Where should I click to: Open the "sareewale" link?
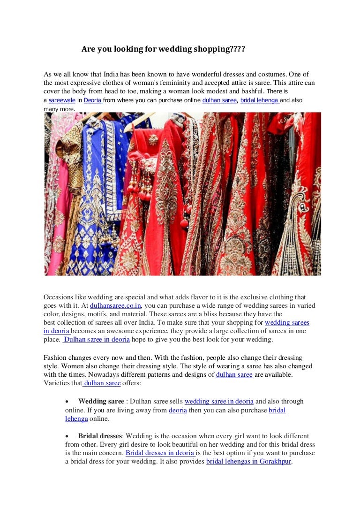pos(62,100)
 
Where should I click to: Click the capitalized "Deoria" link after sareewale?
pos(92,100)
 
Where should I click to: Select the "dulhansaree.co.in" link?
pos(116,305)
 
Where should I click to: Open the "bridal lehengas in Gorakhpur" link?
pos(249,461)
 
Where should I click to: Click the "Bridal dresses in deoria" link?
pos(160,453)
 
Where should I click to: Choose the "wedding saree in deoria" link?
pos(219,401)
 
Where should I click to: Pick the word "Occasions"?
pos(59,297)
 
